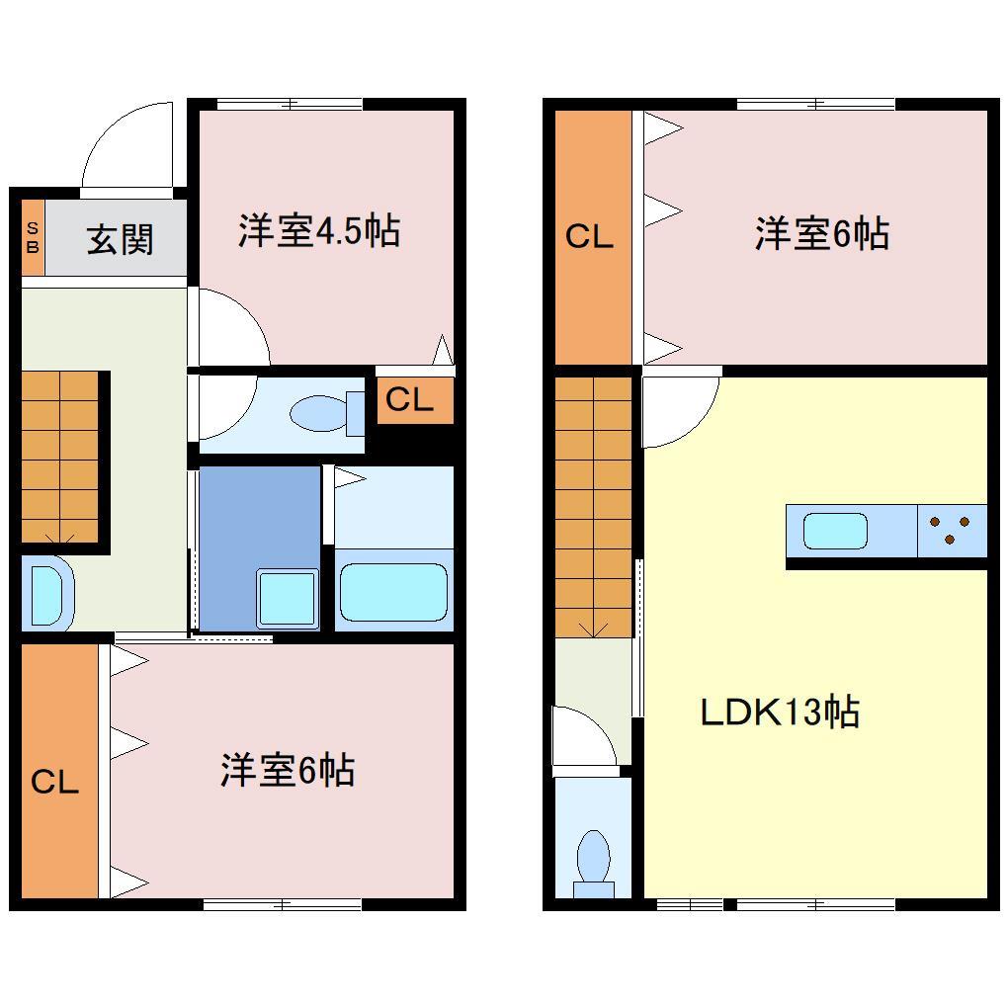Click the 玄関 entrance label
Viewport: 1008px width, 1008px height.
pos(120,240)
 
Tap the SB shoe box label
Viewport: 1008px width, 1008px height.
pos(32,240)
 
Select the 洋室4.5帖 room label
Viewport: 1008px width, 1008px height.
pos(318,231)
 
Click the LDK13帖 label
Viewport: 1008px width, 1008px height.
pos(779,712)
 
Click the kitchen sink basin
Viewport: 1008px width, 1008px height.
pos(835,531)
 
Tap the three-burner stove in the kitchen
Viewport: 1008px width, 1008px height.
pos(952,531)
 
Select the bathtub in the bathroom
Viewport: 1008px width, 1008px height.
pos(393,592)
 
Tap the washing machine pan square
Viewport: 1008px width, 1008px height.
pos(288,598)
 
